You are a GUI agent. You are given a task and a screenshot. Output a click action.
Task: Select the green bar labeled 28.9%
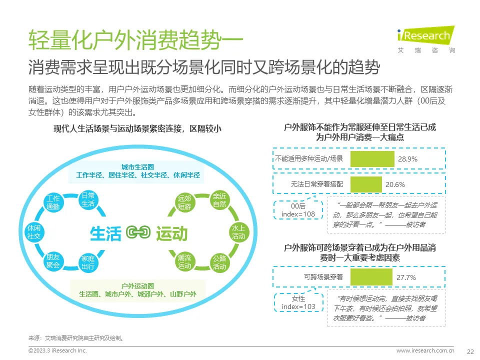pyautogui.click(x=372, y=159)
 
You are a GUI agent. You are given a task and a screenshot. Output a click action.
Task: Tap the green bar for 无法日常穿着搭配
pyautogui.click(x=366, y=184)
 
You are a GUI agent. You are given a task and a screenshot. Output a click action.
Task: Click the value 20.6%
pyautogui.click(x=395, y=184)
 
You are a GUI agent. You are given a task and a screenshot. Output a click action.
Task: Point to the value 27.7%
pyautogui.click(x=406, y=277)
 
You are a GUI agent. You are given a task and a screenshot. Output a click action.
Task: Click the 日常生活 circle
pyautogui.click(x=87, y=199)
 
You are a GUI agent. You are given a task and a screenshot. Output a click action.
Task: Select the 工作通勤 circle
pyautogui.click(x=52, y=202)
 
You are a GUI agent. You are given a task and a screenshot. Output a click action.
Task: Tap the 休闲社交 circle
pyautogui.click(x=34, y=231)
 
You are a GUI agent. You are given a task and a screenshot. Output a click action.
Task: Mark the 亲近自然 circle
pyautogui.click(x=219, y=199)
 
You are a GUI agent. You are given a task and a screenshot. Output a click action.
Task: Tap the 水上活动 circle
pyautogui.click(x=237, y=231)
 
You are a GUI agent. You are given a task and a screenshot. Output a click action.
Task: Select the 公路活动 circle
pyautogui.click(x=219, y=262)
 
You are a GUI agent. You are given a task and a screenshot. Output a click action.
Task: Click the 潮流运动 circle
pyautogui.click(x=184, y=261)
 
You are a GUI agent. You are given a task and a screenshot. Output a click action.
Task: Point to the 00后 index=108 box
pyautogui.click(x=298, y=209)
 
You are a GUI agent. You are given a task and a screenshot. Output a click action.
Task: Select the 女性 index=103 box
pyautogui.click(x=298, y=302)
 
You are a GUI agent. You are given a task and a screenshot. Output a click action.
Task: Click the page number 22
pyautogui.click(x=470, y=351)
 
